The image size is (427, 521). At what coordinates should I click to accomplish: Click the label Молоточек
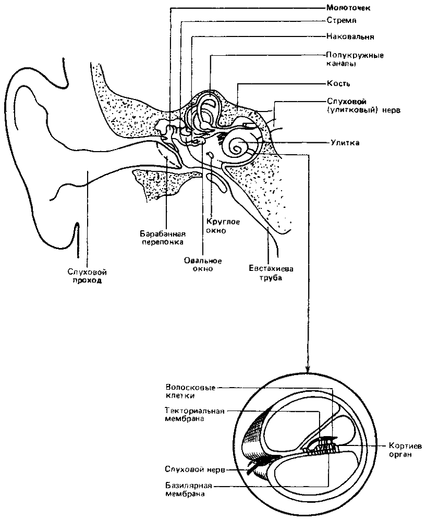[348, 7]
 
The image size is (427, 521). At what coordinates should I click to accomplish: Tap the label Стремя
[341, 21]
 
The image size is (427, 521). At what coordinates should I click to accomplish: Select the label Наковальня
[350, 36]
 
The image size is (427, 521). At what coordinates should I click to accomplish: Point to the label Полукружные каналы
[355, 59]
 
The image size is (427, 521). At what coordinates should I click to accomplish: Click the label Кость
[338, 83]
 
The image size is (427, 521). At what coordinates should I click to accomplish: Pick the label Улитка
[345, 143]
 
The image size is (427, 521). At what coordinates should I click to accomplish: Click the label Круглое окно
[223, 226]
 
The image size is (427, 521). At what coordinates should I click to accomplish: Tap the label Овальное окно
[203, 265]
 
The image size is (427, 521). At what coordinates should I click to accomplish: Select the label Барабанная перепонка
[163, 238]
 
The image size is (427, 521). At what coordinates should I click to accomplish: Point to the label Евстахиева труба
[271, 272]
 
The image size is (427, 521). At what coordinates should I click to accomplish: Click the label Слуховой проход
[87, 276]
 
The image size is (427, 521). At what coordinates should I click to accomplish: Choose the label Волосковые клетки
[190, 392]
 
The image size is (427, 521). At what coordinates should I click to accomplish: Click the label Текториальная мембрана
[194, 415]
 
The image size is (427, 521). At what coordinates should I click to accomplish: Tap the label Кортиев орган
[405, 450]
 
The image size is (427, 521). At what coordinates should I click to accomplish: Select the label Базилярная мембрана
[189, 489]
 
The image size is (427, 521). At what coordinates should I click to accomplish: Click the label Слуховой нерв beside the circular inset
[195, 469]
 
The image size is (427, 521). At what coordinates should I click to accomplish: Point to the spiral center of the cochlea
[238, 146]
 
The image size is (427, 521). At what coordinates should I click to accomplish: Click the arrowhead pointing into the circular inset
[308, 368]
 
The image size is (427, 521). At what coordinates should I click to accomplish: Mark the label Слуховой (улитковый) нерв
[363, 106]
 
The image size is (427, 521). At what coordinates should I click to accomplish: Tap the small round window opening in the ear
[210, 154]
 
